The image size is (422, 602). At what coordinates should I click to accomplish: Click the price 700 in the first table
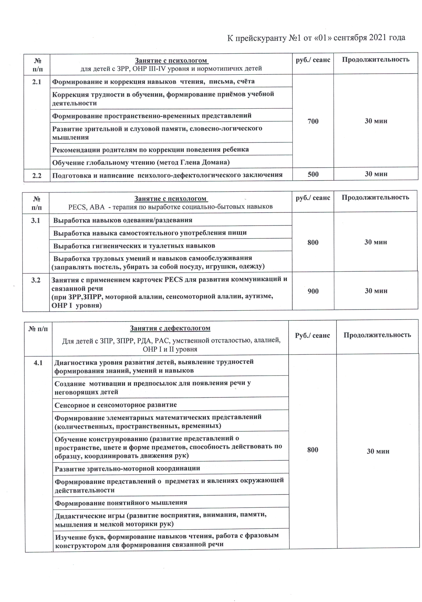point(313,121)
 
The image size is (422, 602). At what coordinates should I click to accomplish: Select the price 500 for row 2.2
point(313,174)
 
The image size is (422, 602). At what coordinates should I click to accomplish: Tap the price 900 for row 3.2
point(313,291)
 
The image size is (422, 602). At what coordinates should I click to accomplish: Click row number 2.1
point(37,82)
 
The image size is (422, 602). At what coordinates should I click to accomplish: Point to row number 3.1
point(36,220)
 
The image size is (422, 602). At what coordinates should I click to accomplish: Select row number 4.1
point(38,363)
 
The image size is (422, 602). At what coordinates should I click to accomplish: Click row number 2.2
point(37,175)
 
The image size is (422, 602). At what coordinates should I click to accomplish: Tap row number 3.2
point(36,280)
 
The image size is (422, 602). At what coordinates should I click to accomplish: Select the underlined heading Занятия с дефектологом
point(170,328)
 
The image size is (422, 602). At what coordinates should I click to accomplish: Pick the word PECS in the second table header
point(77,207)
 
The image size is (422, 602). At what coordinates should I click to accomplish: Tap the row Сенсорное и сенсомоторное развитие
point(116,405)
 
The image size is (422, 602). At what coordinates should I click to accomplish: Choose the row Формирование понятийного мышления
point(121,503)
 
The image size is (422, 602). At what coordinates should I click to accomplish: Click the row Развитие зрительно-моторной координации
point(127,468)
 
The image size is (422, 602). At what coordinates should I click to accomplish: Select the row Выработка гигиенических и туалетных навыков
point(134,246)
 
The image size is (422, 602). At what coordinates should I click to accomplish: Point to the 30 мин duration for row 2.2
point(376,174)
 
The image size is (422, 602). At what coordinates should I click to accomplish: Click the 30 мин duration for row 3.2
point(376,291)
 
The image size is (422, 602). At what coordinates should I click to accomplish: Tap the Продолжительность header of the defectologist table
point(377,335)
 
